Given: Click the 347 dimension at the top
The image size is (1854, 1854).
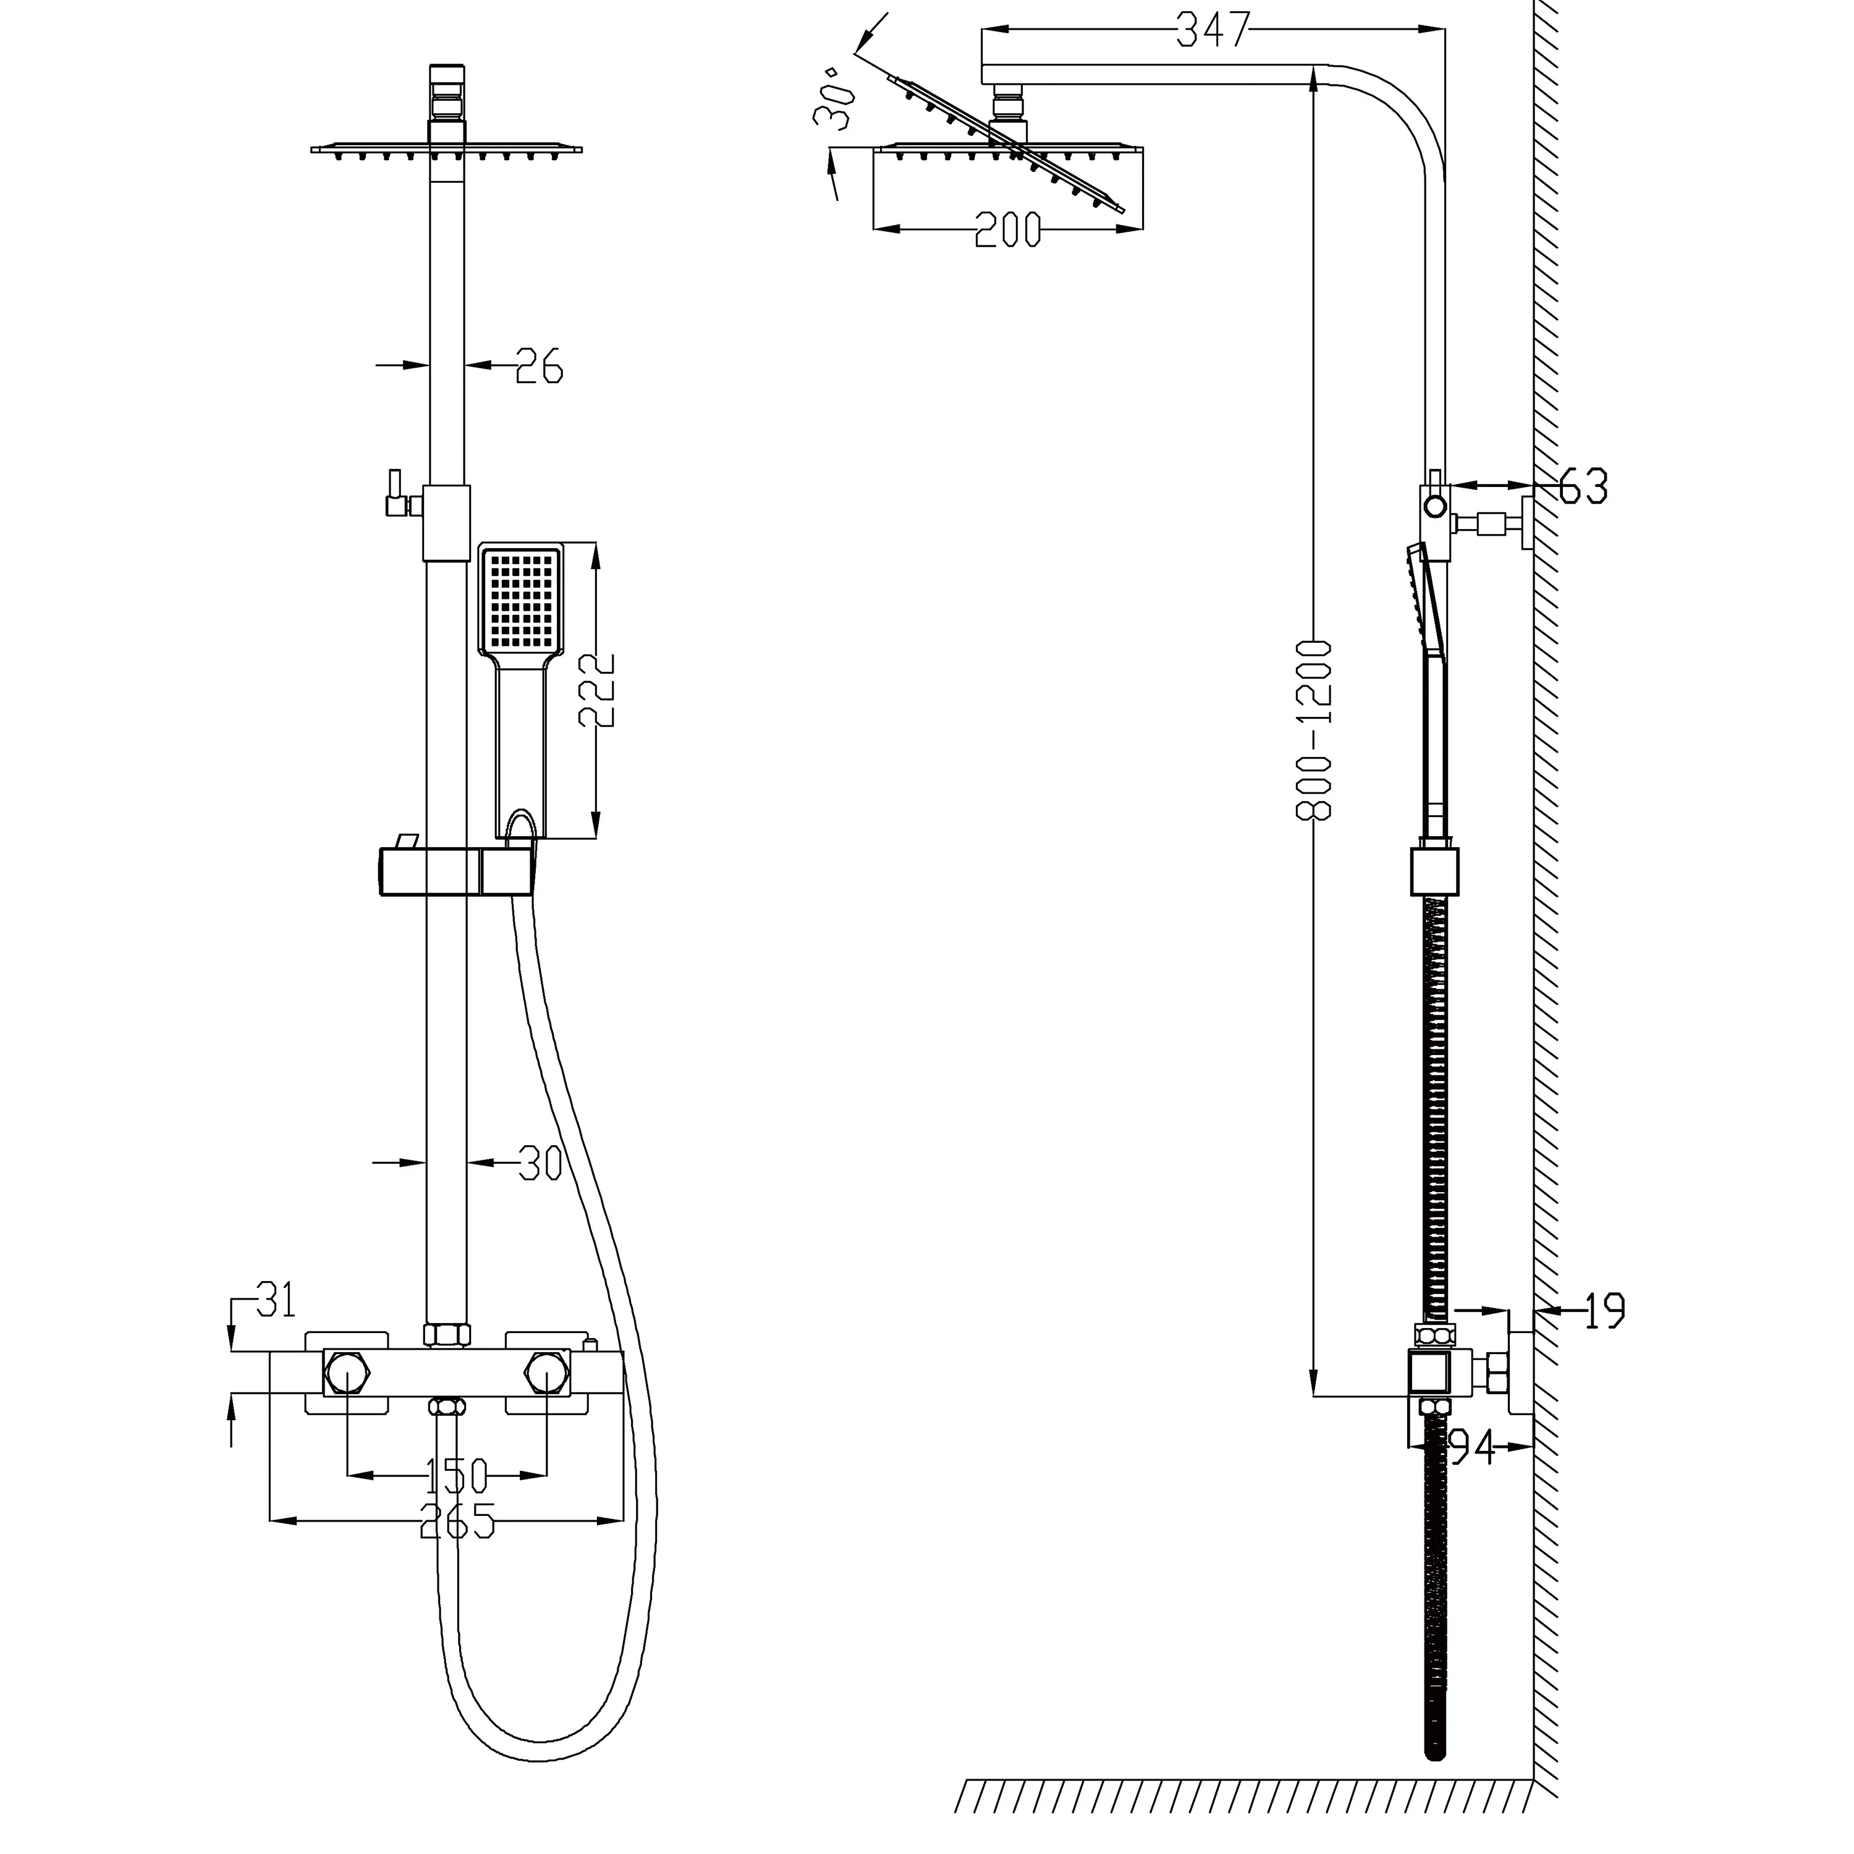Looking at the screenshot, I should (1213, 31).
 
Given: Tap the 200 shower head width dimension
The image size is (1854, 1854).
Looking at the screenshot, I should (1007, 231).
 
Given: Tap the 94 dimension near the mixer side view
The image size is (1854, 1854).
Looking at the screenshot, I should (1471, 1448).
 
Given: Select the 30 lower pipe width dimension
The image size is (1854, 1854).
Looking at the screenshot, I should (540, 1163).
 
